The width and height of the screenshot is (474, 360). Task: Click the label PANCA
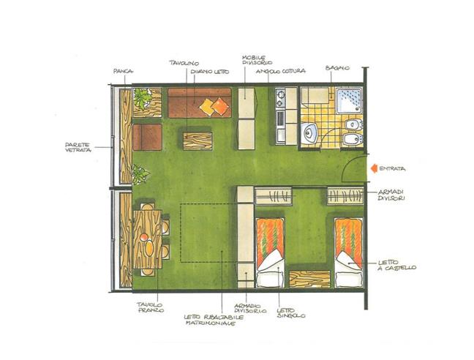tap(123, 71)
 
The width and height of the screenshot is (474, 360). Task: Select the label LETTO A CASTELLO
tap(398, 266)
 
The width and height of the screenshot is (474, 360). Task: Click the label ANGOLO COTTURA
tap(280, 71)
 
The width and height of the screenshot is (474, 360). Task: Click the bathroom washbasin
tap(310, 132)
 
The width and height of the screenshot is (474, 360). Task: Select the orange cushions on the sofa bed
tap(214, 107)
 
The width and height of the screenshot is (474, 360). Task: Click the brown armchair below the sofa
tap(147, 137)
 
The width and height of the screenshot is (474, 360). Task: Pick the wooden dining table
tap(147, 239)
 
